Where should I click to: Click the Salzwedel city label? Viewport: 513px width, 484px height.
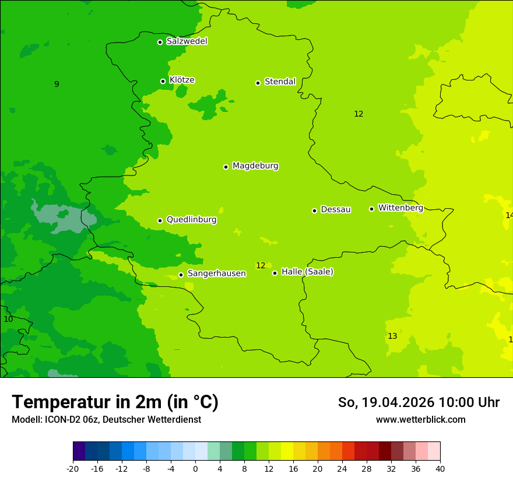click(x=187, y=41)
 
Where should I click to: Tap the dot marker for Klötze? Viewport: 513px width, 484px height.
click(x=163, y=81)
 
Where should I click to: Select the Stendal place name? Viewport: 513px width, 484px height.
click(x=280, y=82)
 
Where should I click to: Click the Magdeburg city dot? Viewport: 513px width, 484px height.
click(x=226, y=167)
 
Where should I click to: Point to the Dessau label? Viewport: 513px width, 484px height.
click(x=335, y=209)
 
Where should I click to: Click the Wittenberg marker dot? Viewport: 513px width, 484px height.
click(x=371, y=209)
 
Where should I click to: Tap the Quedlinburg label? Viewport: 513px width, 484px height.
click(x=191, y=220)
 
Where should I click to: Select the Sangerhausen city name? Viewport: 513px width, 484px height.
click(x=216, y=273)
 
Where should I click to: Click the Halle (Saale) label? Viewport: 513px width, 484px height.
click(x=307, y=272)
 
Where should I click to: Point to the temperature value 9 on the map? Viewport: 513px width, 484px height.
click(x=57, y=85)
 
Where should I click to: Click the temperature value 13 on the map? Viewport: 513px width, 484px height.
click(x=392, y=336)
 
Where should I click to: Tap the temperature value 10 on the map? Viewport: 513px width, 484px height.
click(x=8, y=320)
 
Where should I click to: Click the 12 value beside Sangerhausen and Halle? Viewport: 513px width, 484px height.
click(x=261, y=266)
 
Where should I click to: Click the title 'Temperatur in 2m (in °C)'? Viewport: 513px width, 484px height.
click(x=115, y=402)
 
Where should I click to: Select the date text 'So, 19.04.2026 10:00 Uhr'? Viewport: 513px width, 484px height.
click(x=419, y=402)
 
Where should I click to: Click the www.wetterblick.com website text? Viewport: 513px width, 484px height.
click(x=420, y=420)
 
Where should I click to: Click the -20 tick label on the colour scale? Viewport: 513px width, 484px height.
click(x=73, y=469)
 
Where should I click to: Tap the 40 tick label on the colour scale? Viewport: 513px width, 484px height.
click(x=440, y=469)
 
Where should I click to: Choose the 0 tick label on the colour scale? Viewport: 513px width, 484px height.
click(x=195, y=469)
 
